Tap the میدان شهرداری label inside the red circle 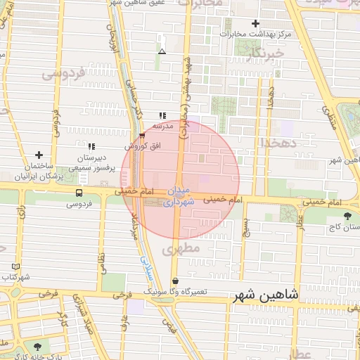pos(179,196)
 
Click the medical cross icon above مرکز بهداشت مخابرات pos(256,23)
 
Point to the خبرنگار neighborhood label pos(269,53)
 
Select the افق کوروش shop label pos(139,147)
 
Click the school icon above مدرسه pos(162,115)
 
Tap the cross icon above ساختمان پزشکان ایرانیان pos(39,155)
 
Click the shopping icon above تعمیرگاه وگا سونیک pos(175,281)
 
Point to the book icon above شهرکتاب pos(16,266)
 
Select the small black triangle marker pos(162,51)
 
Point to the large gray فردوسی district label pos(63,72)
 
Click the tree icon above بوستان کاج pos(347,216)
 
